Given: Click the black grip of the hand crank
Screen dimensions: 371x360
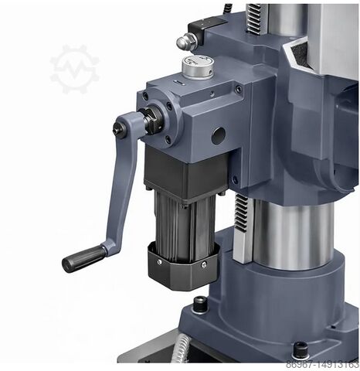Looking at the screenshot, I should (83, 257).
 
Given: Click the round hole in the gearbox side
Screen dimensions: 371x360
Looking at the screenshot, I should (218, 135).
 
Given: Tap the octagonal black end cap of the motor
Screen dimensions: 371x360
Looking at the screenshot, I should (183, 263).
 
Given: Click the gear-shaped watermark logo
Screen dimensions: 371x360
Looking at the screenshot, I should (75, 70).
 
